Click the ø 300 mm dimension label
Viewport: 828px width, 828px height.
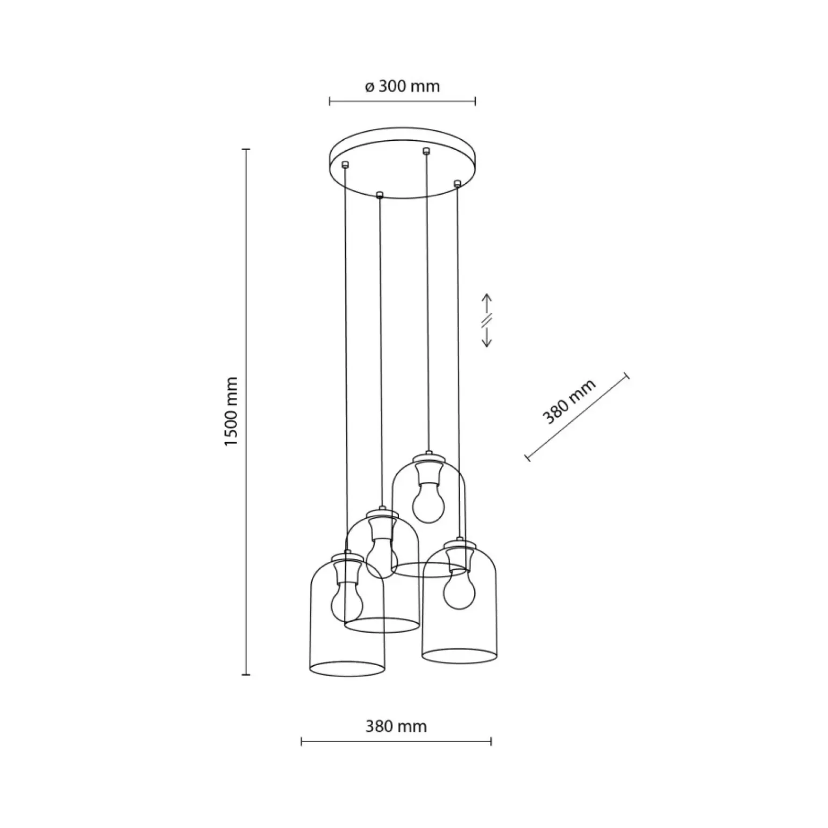tap(402, 86)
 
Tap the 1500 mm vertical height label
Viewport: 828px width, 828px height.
tap(231, 411)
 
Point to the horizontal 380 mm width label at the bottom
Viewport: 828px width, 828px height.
tap(396, 726)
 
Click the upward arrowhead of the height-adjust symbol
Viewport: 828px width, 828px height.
tap(486, 297)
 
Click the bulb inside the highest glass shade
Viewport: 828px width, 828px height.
tap(429, 501)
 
